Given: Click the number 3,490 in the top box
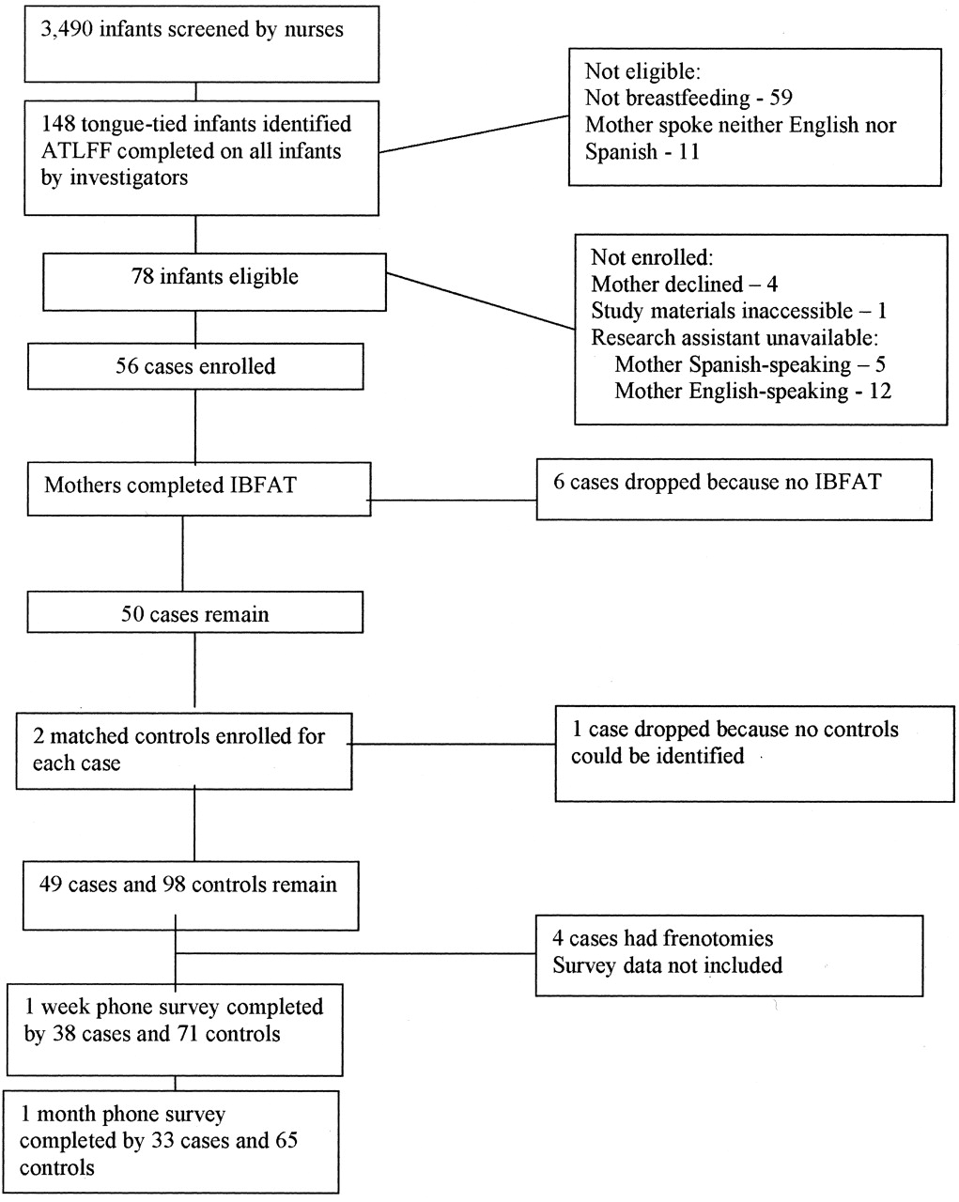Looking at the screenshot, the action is coord(67,30).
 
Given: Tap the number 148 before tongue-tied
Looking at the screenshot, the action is coord(57,124).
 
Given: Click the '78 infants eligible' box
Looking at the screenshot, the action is coord(214,282).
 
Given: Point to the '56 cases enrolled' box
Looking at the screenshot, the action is coord(195,366).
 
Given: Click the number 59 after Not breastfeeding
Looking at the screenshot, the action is coord(781,98).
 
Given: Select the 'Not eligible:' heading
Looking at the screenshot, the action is coord(642,71).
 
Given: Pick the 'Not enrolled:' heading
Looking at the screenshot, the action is coord(652,257).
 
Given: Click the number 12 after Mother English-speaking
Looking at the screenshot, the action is coord(880,391).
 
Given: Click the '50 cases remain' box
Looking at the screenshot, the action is coord(195,612).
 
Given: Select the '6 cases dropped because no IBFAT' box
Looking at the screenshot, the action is coord(735,490).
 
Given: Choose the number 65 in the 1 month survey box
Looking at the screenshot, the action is coord(286,1141).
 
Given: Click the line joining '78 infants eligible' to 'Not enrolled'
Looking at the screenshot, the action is coord(481,301).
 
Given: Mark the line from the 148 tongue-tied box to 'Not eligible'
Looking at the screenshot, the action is coord(474,134).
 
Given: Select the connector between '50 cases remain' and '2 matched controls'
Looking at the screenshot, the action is coord(194,670).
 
